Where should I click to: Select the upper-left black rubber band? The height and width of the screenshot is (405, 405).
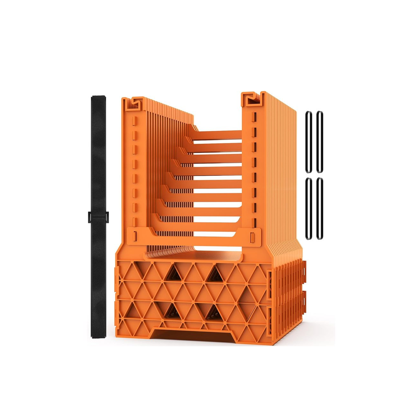[308, 142]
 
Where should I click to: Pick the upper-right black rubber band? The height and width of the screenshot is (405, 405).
[320, 142]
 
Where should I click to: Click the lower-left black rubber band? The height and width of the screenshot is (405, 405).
[308, 209]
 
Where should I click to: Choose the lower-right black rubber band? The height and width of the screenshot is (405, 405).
[320, 209]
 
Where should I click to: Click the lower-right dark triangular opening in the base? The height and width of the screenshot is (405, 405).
[214, 312]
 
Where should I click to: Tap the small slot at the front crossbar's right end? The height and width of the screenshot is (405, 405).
[252, 236]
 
